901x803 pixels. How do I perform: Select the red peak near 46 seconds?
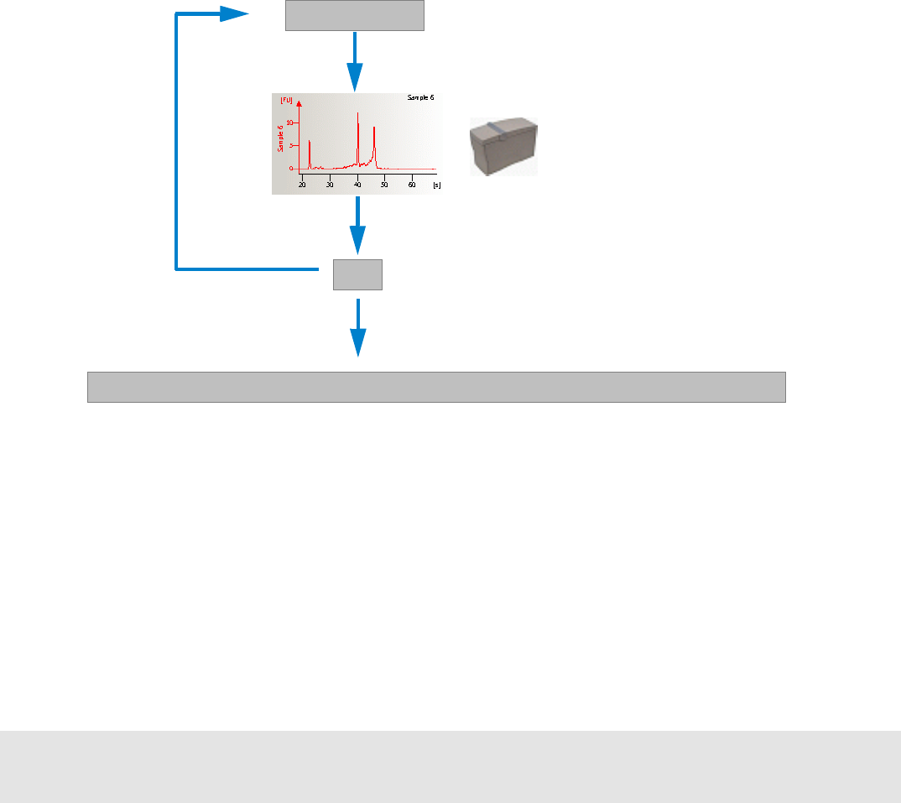[x=374, y=130]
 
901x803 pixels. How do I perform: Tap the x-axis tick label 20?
[x=303, y=184]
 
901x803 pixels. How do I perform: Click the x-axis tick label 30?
[x=331, y=184]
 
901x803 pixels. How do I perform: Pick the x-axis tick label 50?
[x=385, y=184]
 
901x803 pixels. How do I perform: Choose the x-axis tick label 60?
[x=412, y=184]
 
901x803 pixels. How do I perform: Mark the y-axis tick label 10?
[x=290, y=123]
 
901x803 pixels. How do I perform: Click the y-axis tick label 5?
[x=292, y=145]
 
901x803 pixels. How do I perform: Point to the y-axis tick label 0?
[x=292, y=169]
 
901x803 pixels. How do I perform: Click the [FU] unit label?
[x=286, y=100]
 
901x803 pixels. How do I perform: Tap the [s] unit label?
[x=436, y=184]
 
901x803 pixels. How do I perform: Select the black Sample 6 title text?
[x=420, y=99]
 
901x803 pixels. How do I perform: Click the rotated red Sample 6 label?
[x=280, y=138]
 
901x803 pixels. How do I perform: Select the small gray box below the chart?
[x=358, y=274]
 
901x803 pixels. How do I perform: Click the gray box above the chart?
[x=355, y=15]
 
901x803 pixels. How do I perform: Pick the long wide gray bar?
[x=436, y=387]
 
